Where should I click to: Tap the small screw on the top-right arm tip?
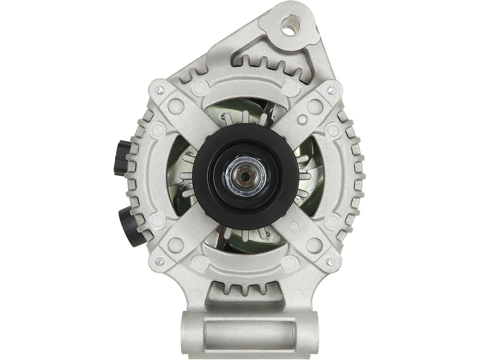331,90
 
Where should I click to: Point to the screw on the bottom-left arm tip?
159,261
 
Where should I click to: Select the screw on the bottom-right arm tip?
330,262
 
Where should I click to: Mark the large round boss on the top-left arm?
176,106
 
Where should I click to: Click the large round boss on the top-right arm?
315,106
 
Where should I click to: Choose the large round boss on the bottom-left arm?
176,245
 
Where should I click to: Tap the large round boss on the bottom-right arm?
315,245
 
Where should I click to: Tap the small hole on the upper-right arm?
302,120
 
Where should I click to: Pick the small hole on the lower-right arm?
294,225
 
